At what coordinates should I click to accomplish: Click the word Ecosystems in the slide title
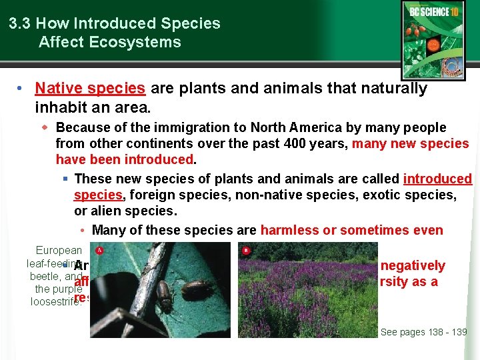click(143, 42)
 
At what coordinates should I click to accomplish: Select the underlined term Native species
click(90, 88)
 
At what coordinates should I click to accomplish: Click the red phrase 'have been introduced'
click(125, 159)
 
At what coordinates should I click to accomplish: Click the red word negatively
click(413, 265)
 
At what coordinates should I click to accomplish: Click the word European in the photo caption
click(59, 251)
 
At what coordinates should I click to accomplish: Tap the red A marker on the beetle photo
click(99, 251)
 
